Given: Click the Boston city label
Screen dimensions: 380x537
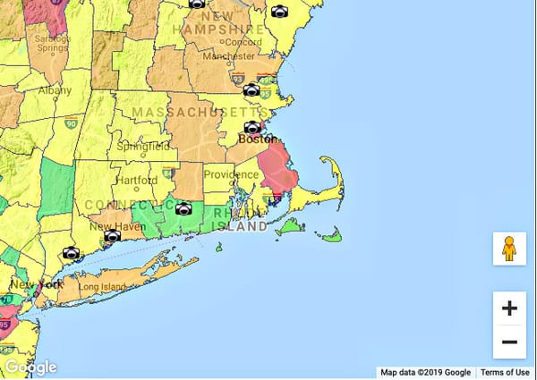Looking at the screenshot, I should coord(257,140).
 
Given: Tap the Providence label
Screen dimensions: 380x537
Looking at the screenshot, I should coord(231,174).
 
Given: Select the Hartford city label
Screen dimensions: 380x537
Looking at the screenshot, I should coord(136,180).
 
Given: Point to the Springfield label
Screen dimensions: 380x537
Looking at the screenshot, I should coord(141,146).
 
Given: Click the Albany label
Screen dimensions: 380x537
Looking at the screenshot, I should coord(55,91).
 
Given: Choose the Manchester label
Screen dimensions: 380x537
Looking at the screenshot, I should coord(229,55).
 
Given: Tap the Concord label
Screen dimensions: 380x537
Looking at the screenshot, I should coord(243,42).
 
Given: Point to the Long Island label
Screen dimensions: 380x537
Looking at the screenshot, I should coord(101,288).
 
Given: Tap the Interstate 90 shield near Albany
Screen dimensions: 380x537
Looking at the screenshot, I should coord(71,124).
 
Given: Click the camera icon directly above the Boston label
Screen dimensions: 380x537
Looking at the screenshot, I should coord(253,127).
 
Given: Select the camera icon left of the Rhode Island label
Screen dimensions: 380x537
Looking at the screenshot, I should coord(183,208).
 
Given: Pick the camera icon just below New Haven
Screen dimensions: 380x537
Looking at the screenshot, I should coord(112,237).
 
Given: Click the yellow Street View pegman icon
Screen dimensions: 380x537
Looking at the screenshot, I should coord(509,248).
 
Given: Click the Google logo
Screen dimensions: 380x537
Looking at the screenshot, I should coord(30,367).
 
